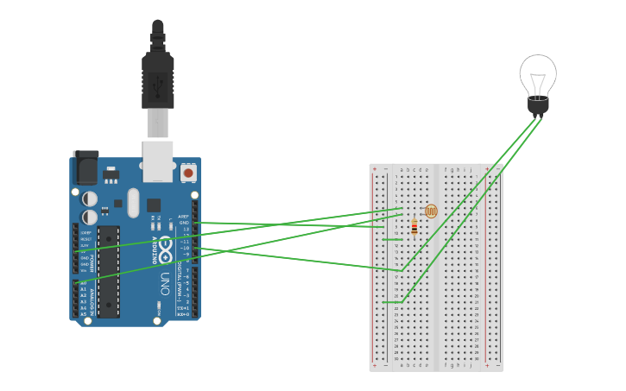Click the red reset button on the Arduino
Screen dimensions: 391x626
(188, 173)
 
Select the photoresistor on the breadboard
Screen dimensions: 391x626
(431, 211)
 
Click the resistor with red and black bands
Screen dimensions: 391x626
(414, 227)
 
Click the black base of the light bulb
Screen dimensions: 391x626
(538, 107)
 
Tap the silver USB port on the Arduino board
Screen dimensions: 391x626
(158, 161)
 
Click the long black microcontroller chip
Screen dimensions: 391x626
(108, 271)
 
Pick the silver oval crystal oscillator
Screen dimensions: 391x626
(132, 204)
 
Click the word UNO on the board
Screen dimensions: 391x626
(164, 282)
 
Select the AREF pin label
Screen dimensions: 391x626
(183, 217)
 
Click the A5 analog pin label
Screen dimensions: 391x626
(83, 314)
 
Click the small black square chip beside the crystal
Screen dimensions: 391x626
(153, 205)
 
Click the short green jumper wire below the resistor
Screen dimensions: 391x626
(393, 240)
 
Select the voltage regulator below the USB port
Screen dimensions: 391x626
(111, 175)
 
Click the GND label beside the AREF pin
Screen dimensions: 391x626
(184, 223)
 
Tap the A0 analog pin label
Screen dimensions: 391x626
(83, 282)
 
